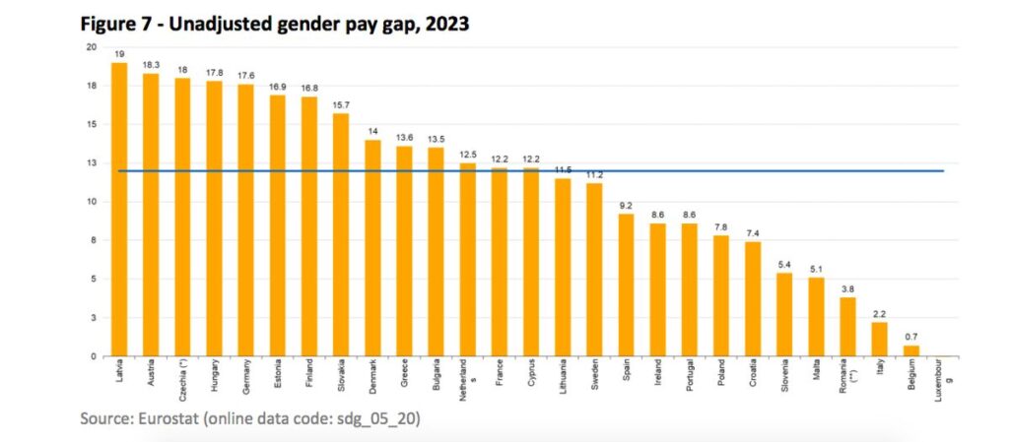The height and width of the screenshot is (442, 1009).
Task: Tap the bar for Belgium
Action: [x=911, y=350]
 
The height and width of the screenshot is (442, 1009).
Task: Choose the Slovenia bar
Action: [x=784, y=314]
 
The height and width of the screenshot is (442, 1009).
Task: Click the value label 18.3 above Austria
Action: [x=152, y=65]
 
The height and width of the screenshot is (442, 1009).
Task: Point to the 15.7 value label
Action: [x=341, y=105]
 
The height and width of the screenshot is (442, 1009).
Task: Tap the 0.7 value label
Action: [x=911, y=337]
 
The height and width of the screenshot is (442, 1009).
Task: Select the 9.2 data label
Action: [x=627, y=206]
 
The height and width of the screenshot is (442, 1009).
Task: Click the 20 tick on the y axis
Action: [x=91, y=47]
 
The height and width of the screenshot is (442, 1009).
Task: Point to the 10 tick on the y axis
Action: [x=91, y=202]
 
